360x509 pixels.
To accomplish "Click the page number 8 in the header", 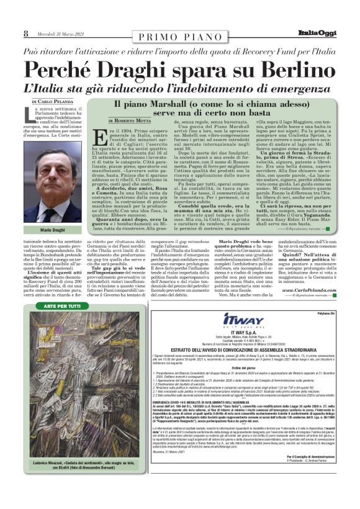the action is coord(25,33).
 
